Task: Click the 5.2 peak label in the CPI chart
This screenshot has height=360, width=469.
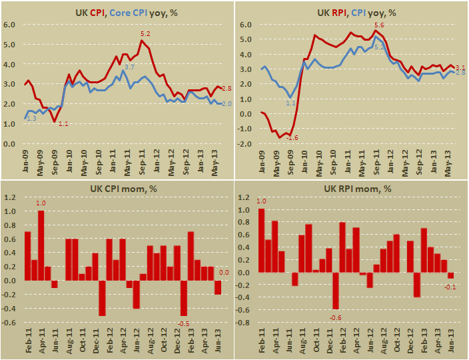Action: pos(145,33)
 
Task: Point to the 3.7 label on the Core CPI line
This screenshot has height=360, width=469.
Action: pos(129,67)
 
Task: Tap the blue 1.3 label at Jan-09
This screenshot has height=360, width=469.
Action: pos(32,118)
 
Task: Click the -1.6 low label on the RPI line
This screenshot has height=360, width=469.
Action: pos(291,137)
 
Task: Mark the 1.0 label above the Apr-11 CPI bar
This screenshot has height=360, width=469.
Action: pos(41,203)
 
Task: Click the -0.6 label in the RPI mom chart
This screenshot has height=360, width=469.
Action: pos(335,317)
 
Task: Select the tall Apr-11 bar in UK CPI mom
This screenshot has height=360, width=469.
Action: pos(41,245)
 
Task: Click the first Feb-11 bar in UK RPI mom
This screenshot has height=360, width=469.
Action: pos(260,241)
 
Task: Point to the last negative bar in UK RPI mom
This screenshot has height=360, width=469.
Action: pos(450,275)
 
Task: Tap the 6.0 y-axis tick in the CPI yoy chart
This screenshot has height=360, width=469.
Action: pos(9,25)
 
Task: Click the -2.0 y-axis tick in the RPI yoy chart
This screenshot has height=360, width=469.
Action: pos(246,143)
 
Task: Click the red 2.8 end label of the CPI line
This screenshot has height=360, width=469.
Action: pos(226,89)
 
